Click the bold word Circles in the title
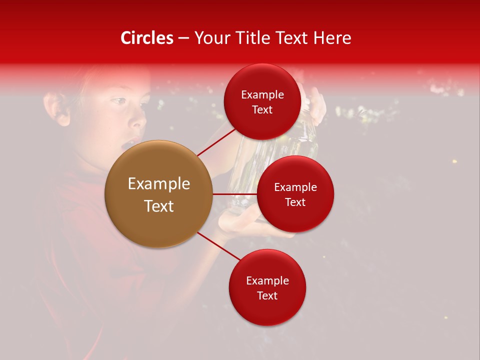coord(146,38)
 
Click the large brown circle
coord(159,194)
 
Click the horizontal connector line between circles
coord(235,194)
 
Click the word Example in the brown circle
coord(159,184)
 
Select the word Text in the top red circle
coord(262,109)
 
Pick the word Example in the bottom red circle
coord(267,280)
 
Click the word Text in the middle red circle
coord(295,202)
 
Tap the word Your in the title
coord(210,38)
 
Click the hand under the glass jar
coord(240,222)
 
